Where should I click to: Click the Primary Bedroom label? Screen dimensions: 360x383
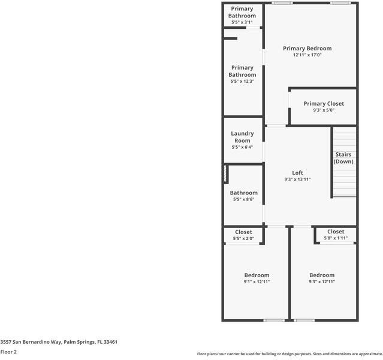tap(307, 49)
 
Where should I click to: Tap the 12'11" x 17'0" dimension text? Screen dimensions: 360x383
tap(307, 55)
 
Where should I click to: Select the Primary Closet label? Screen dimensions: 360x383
tap(324, 104)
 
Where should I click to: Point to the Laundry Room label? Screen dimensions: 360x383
tap(242, 137)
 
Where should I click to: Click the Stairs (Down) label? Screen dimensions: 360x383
tap(343, 158)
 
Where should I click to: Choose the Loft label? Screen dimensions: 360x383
tap(297, 173)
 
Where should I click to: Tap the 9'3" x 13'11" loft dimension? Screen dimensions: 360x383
tap(297, 179)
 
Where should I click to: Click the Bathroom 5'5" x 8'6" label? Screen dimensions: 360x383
tap(243, 193)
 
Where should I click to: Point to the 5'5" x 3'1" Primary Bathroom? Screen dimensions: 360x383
tap(242, 13)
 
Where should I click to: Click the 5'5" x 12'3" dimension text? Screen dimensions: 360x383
tap(242, 81)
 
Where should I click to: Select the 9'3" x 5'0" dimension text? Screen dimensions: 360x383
tap(324, 110)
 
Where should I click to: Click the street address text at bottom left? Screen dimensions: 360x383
tap(59, 341)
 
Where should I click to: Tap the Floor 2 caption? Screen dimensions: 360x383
tap(8, 352)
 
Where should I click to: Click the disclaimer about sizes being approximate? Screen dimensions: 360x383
tap(289, 354)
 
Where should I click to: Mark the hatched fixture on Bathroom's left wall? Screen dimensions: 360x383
tap(226, 175)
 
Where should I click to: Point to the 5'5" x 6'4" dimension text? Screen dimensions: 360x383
tap(242, 147)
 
